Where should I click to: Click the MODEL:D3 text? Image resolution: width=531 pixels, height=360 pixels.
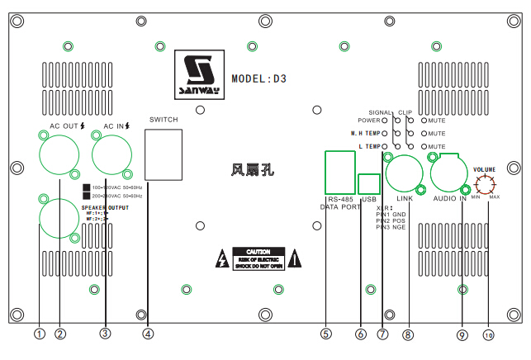[x=258, y=80]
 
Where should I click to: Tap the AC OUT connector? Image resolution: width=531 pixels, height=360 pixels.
[x=59, y=154]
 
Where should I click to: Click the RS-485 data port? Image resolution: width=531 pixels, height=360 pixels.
[x=339, y=173]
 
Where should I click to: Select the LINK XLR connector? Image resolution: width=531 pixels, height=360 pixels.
[x=405, y=173]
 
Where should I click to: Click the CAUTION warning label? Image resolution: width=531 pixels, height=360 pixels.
[x=258, y=258]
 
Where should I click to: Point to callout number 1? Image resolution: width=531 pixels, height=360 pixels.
[x=39, y=334]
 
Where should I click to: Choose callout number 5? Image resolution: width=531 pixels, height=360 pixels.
[x=327, y=334]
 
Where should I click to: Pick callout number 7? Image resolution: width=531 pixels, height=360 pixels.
[x=382, y=334]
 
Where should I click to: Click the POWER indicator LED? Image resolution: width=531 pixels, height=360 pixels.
[x=385, y=121]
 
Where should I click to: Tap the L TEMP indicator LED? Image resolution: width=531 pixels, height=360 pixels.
[x=385, y=146]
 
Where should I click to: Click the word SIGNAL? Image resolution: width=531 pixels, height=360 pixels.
[x=380, y=111]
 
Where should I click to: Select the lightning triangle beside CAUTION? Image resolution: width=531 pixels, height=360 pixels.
[x=221, y=258]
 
